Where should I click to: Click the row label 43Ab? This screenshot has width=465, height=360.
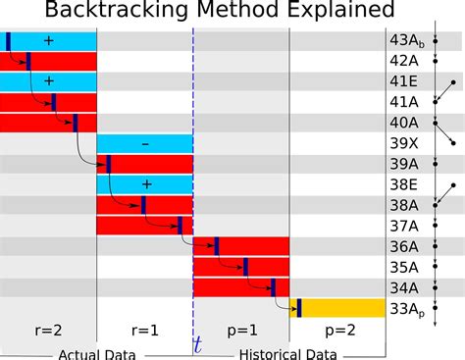click(407, 40)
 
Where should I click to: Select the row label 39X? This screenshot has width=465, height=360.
click(405, 143)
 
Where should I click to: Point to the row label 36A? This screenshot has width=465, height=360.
click(405, 246)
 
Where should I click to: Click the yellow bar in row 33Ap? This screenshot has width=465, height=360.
click(338, 307)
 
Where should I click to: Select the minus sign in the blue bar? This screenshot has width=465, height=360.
click(145, 143)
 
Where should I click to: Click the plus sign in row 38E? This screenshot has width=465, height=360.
click(145, 184)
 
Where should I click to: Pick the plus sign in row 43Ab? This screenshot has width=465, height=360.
click(48, 40)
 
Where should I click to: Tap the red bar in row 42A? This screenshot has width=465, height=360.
click(59, 61)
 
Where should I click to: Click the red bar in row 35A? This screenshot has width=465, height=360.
click(240, 267)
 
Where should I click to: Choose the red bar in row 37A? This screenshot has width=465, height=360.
click(144, 226)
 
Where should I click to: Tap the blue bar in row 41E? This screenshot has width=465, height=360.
click(48, 81)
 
